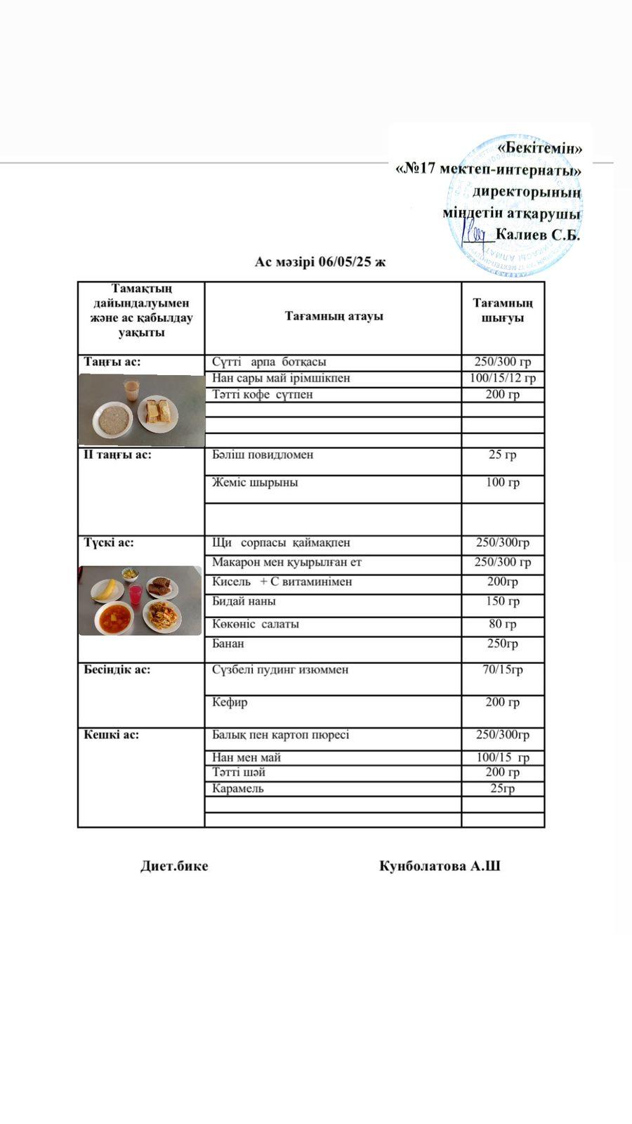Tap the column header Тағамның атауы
334,316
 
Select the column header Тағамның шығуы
502,311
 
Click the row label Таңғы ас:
112,362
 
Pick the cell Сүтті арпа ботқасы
269,362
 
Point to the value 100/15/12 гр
502,379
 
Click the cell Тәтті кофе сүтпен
263,395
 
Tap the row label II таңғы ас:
117,455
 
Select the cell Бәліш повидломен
263,455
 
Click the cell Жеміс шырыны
255,483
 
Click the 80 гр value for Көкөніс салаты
502,624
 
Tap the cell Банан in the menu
228,643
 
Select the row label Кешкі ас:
112,735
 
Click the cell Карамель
238,789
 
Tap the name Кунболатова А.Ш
440,866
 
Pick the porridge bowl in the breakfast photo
112,419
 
